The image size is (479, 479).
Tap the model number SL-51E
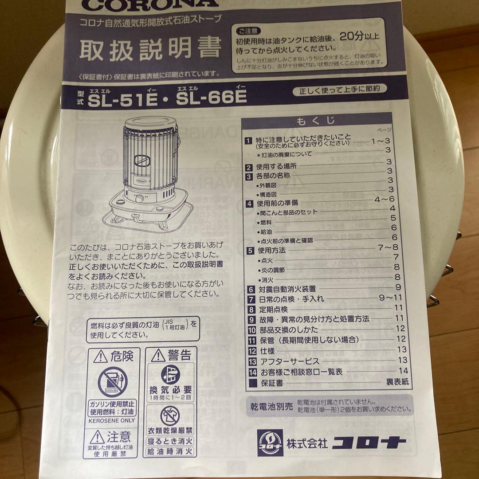(x=123, y=100)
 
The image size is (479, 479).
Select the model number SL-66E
(x=211, y=99)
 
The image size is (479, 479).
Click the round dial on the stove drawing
(x=139, y=198)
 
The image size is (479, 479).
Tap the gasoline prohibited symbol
(x=112, y=382)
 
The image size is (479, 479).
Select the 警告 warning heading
(x=171, y=355)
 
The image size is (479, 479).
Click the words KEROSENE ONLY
(x=112, y=420)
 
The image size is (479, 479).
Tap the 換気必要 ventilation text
(x=170, y=390)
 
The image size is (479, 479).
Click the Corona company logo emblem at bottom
(x=270, y=443)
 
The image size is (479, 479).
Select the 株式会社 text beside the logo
(x=307, y=443)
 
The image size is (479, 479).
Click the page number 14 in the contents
(x=403, y=371)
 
